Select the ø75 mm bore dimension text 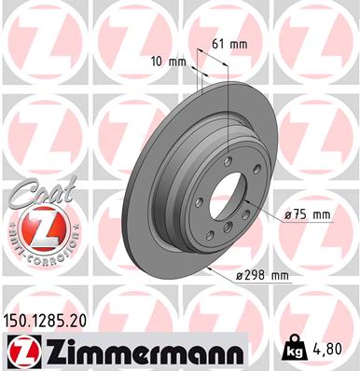pos(307,214)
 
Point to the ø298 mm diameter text pos(265,276)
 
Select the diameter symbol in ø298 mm pos(239,276)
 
